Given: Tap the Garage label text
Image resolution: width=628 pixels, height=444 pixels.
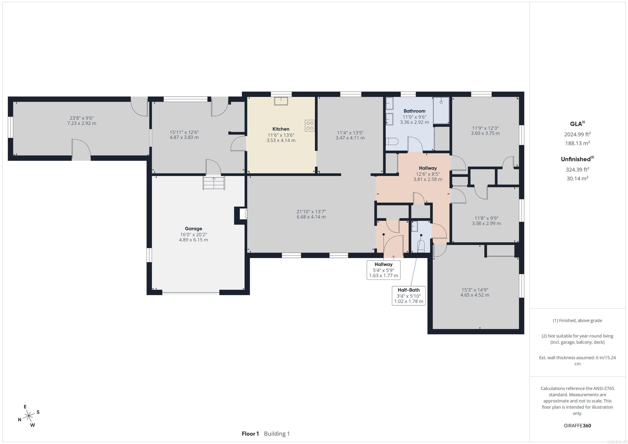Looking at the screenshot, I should tap(193, 229).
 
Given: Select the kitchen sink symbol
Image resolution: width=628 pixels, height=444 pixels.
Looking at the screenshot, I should tap(281, 101).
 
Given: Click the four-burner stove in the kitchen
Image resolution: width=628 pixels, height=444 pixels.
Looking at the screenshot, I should tap(310, 126).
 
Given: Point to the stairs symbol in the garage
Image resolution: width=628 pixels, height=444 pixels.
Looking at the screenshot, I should tap(214, 183).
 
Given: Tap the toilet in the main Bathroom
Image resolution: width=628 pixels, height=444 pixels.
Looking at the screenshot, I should tap(392, 142).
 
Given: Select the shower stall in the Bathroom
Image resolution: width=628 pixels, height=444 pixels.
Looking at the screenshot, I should tap(441, 110).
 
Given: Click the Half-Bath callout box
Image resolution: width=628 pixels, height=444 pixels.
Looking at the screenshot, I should tap(409, 295).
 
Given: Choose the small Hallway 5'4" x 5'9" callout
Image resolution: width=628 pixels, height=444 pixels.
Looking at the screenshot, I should tap(384, 270).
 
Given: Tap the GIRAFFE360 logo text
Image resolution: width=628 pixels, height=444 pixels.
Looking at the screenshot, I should tap(577, 425).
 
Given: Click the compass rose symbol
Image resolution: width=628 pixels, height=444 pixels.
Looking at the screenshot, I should tap(29, 416).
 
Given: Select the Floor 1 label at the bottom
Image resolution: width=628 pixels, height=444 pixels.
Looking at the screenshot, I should tap(250, 434).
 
